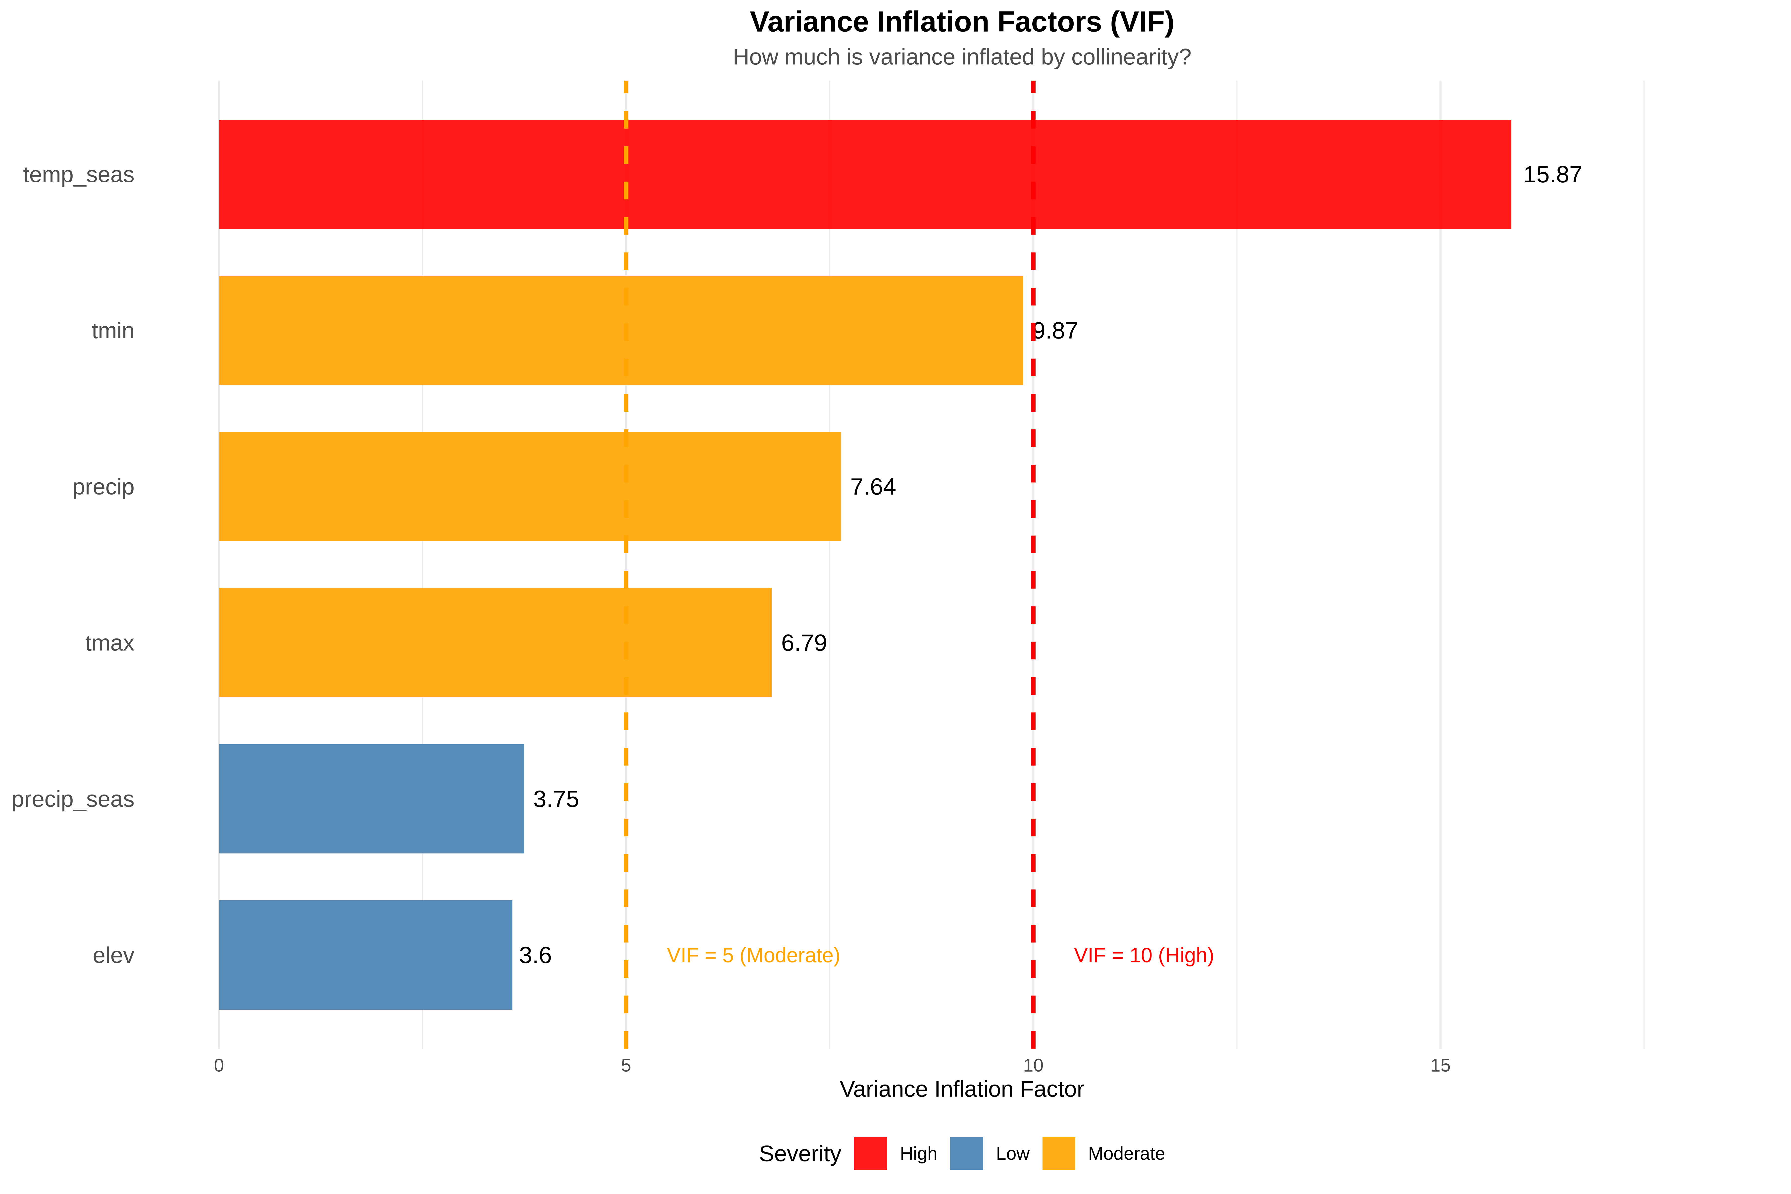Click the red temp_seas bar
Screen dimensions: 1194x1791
(864, 174)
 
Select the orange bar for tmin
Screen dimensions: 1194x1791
(621, 331)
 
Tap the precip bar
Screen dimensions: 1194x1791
(529, 487)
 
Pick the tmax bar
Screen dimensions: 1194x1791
(495, 643)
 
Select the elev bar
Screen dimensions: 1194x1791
(365, 955)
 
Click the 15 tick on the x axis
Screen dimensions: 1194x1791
(1440, 1065)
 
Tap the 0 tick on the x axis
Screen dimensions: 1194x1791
(219, 1065)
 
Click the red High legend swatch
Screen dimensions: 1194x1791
(870, 1153)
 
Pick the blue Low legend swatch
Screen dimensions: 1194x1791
(966, 1153)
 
